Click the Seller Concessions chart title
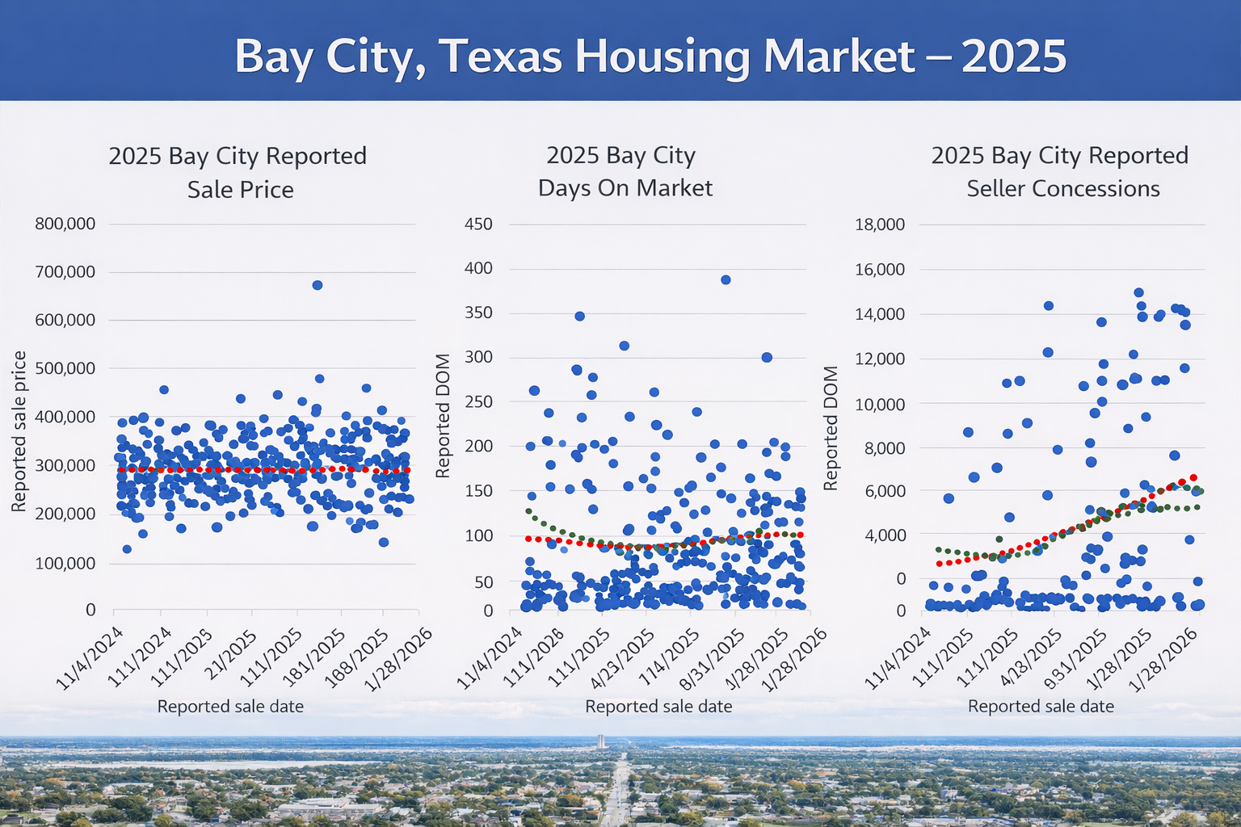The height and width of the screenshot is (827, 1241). [1060, 171]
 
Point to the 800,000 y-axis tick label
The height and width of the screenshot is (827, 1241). [65, 224]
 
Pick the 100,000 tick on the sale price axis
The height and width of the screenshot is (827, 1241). [65, 563]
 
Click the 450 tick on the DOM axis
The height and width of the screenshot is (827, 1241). [478, 224]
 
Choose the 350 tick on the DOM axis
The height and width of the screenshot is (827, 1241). [478, 313]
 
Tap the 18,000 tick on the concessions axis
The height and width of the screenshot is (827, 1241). [879, 225]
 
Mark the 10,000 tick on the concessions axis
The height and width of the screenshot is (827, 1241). [879, 404]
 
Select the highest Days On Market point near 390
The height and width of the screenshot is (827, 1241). [726, 279]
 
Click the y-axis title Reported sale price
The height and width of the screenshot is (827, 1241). [19, 431]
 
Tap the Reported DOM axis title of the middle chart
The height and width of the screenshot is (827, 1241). [443, 415]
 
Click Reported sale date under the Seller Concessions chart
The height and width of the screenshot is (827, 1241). [1041, 707]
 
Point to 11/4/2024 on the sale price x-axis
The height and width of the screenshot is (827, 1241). [90, 658]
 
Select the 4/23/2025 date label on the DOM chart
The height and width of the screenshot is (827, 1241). [624, 658]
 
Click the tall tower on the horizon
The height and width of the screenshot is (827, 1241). [600, 741]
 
